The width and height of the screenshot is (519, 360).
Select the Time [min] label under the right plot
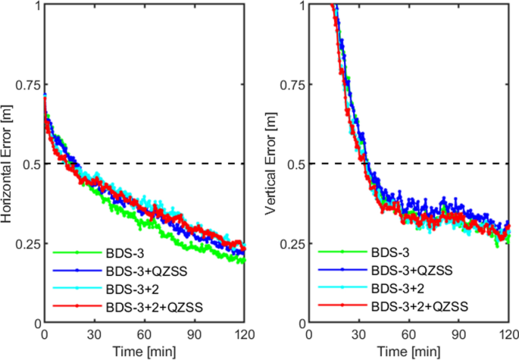click(408, 351)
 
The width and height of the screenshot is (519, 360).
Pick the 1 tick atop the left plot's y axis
click(35, 5)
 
